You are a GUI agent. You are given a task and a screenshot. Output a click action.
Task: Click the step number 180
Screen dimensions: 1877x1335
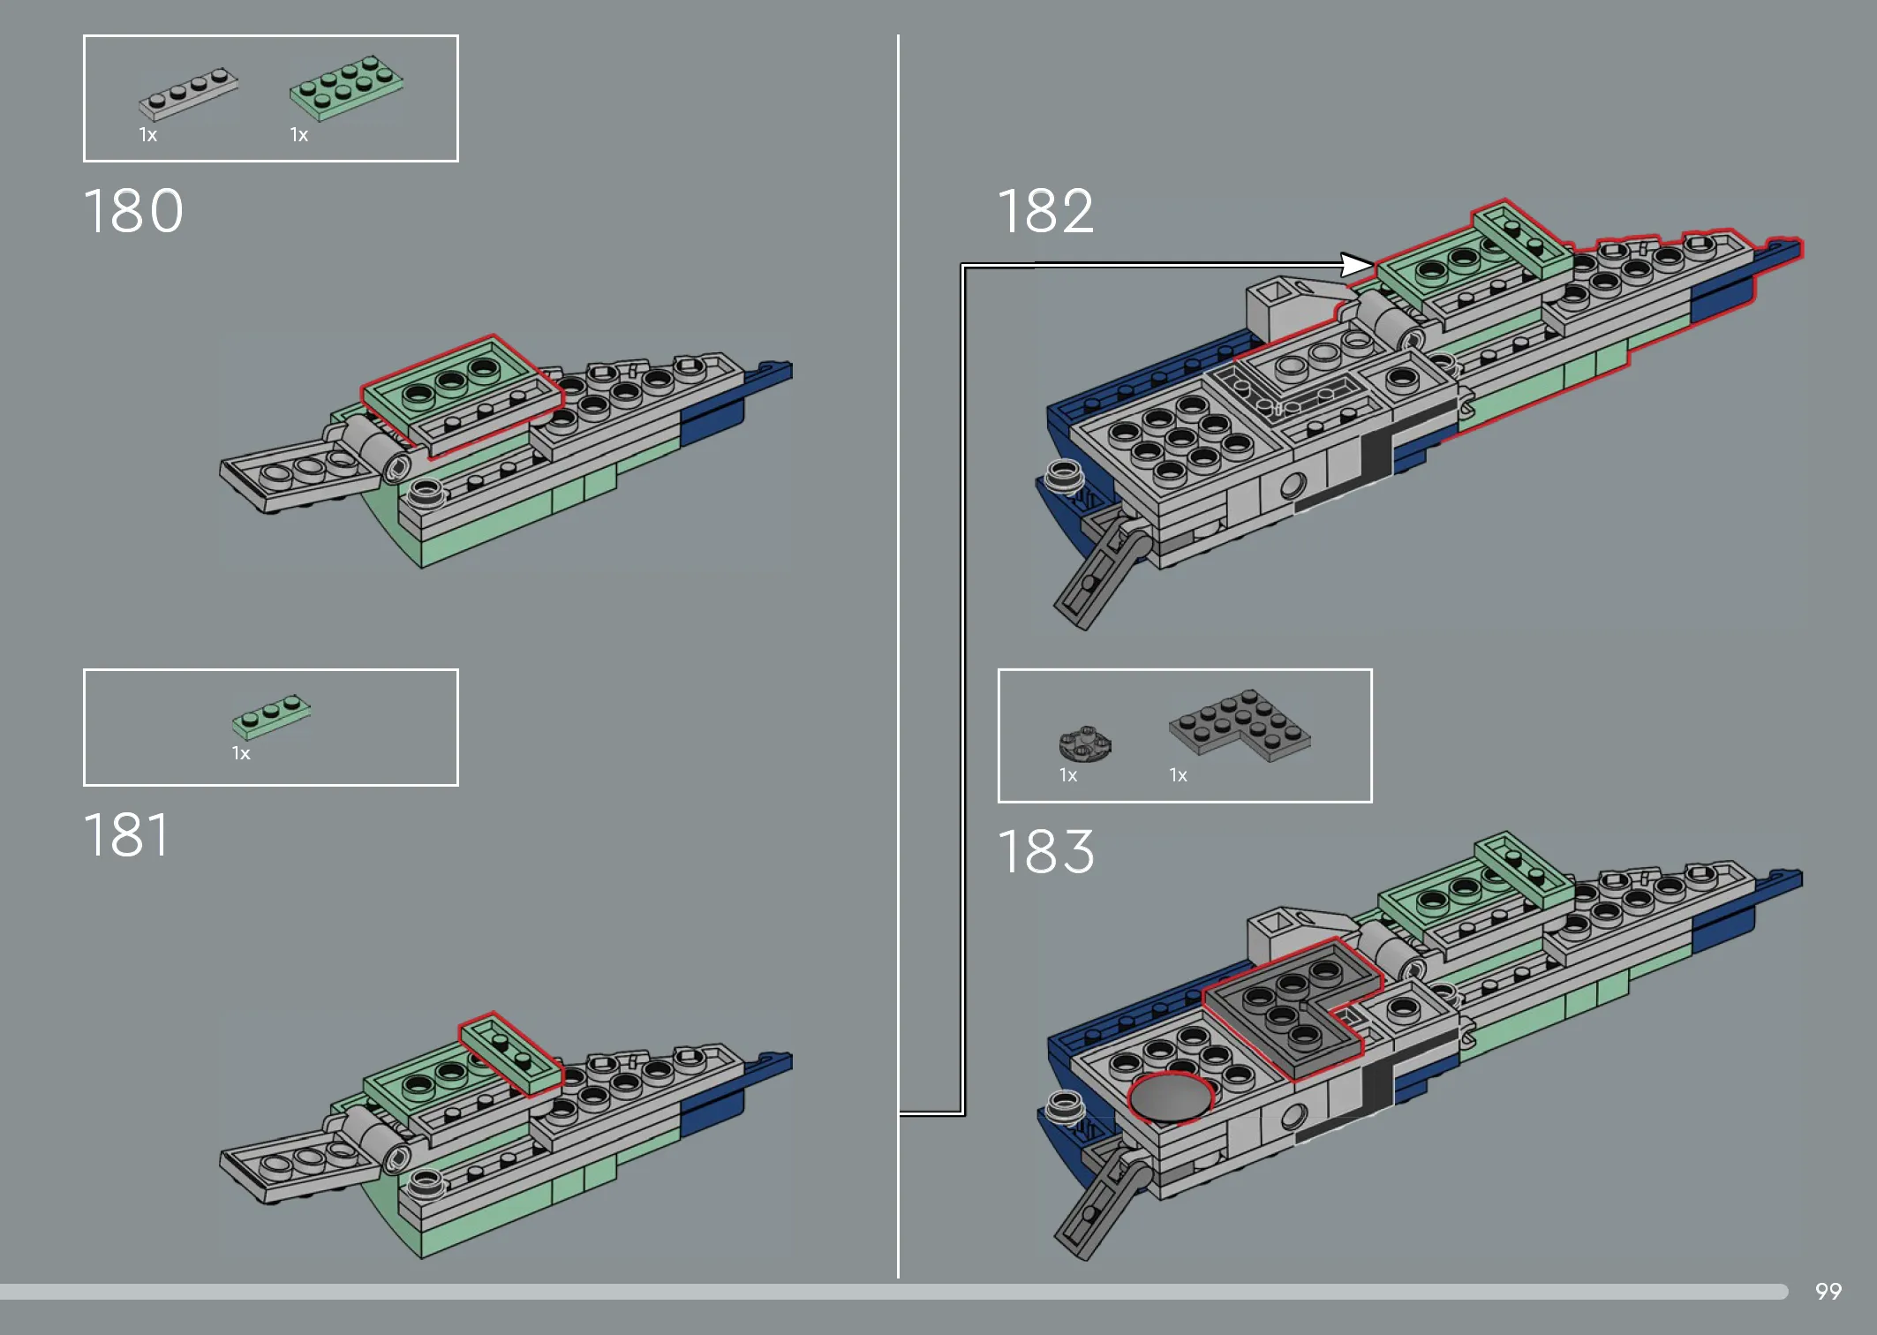pos(133,212)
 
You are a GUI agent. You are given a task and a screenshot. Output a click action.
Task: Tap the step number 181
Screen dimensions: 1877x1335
pos(126,835)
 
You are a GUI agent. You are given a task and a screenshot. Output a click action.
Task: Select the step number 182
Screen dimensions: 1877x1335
pos(1046,212)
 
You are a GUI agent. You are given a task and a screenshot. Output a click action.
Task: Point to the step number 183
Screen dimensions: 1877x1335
pos(1046,852)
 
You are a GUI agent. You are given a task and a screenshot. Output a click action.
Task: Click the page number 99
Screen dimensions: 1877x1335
pos(1828,1292)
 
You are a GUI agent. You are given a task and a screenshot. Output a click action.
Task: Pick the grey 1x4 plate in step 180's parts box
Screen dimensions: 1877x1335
pos(188,94)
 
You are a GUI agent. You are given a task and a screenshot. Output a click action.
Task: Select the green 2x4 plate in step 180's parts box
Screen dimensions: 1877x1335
pos(346,87)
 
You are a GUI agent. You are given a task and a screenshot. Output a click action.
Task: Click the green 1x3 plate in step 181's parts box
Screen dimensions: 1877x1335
pos(271,716)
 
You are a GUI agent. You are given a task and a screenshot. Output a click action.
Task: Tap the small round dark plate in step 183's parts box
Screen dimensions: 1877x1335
pos(1085,743)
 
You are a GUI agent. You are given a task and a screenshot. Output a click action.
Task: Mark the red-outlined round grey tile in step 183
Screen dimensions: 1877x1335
pos(1171,1098)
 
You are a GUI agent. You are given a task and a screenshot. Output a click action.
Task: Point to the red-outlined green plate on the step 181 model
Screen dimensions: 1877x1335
pos(511,1054)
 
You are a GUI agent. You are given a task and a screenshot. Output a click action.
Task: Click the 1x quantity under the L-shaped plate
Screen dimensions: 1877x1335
pos(1178,775)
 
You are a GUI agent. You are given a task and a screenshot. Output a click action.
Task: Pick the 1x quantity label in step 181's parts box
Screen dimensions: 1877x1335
pos(241,753)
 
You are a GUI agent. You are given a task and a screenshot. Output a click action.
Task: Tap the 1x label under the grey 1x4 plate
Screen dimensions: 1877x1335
pos(147,135)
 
